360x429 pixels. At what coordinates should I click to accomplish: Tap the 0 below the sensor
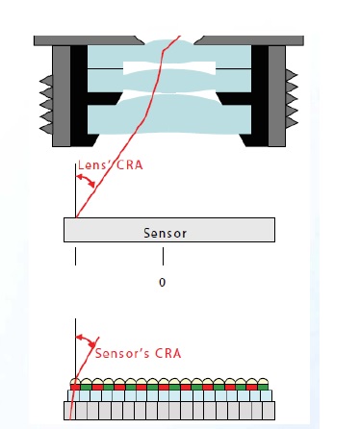click(x=163, y=283)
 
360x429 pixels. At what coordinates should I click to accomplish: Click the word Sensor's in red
click(x=118, y=352)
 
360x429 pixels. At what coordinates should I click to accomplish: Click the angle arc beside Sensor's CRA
click(x=88, y=341)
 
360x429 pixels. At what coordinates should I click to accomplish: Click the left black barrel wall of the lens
click(x=77, y=91)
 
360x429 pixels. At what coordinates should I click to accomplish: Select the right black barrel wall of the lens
click(x=259, y=91)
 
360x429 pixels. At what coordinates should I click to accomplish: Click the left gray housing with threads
click(x=59, y=96)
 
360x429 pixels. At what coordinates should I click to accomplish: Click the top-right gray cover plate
click(x=250, y=40)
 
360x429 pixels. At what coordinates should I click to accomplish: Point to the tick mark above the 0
click(x=163, y=257)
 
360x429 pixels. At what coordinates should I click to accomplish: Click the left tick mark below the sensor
click(x=75, y=257)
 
